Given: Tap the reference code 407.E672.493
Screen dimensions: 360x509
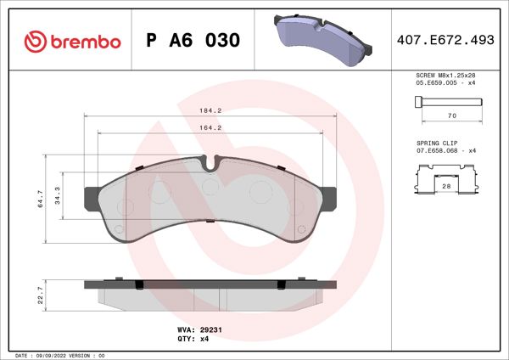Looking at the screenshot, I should pos(445,40).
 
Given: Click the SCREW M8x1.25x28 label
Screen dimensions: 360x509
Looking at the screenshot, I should pos(445,76).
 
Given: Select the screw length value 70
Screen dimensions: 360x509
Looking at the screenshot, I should pos(452,115).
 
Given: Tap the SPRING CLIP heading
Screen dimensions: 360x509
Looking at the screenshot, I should pos(436,143).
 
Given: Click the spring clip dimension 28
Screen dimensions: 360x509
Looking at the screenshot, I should pos(446,184).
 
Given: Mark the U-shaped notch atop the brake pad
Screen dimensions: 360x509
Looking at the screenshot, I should pos(212,160).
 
